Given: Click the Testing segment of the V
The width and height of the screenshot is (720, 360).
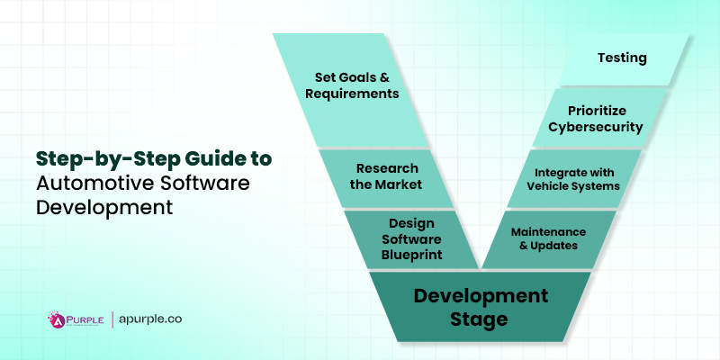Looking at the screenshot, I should coord(622,58).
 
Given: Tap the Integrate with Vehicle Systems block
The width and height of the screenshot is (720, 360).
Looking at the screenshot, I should coord(577,178).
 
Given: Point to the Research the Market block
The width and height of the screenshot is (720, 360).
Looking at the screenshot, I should coord(387,178).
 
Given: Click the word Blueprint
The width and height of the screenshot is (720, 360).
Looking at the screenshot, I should coord(411,254).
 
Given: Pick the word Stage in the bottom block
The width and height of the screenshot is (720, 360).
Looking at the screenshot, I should coord(481,319).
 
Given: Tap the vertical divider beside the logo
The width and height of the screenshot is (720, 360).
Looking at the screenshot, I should coord(112,319).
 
